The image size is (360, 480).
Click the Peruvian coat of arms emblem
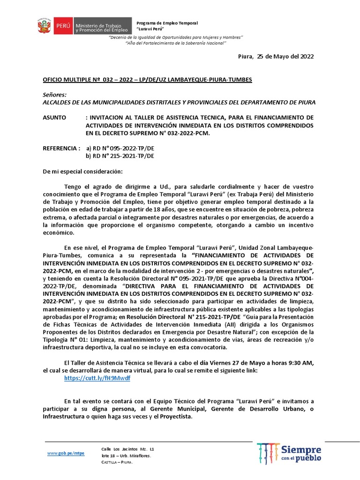[x=44, y=27]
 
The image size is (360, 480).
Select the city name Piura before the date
[x=245, y=56]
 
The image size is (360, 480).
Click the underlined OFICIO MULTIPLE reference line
[x=147, y=80]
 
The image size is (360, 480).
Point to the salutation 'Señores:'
[x=54, y=94]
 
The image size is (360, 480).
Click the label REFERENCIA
[x=61, y=148]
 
